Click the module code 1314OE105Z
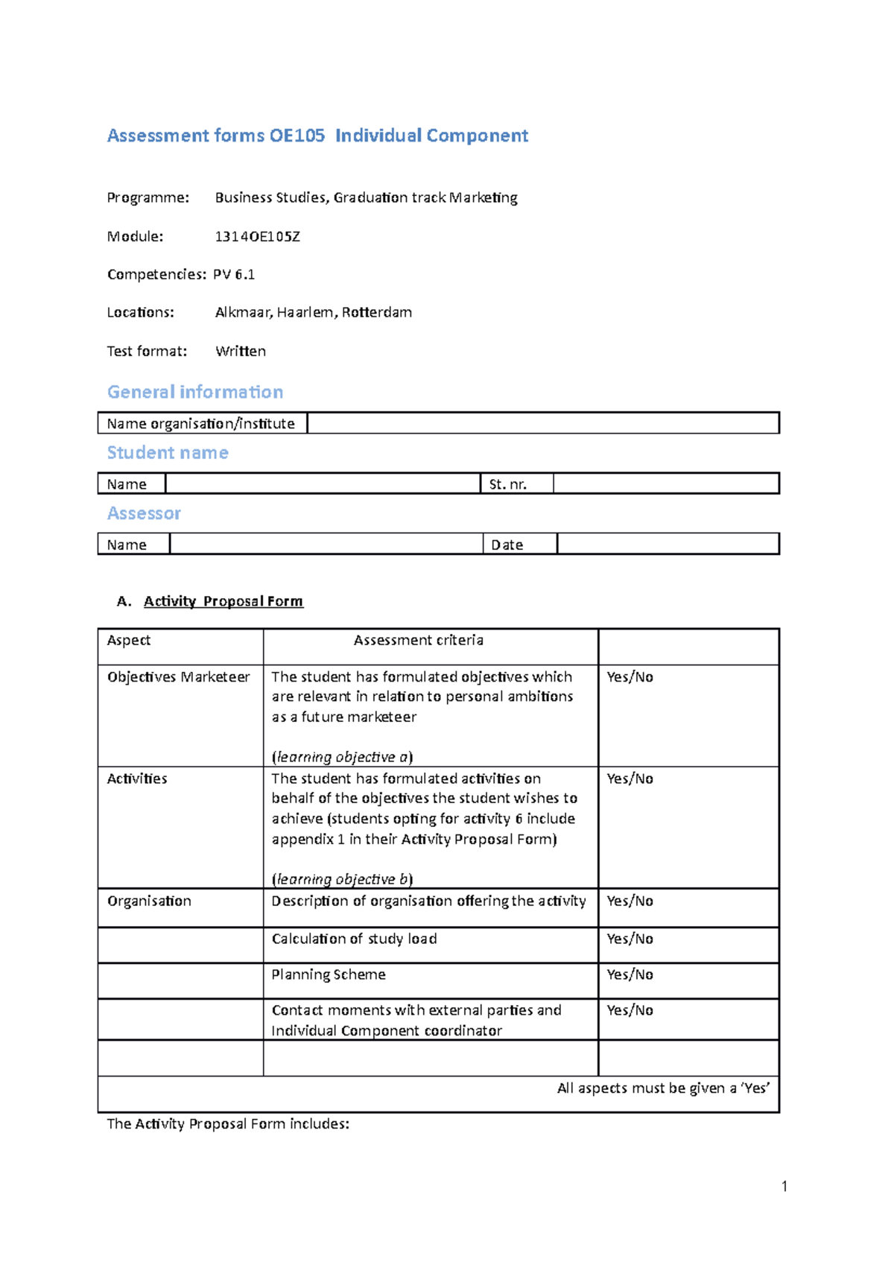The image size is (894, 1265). pyautogui.click(x=257, y=237)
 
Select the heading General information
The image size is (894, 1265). pyautogui.click(x=195, y=392)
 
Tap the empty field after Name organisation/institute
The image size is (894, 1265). pyautogui.click(x=542, y=423)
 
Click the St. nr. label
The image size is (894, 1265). pyautogui.click(x=508, y=484)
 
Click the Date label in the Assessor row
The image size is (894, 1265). pyautogui.click(x=507, y=545)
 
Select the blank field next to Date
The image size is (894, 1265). pyautogui.click(x=668, y=544)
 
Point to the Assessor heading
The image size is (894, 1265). pyautogui.click(x=144, y=513)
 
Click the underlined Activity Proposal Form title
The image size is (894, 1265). pyautogui.click(x=223, y=601)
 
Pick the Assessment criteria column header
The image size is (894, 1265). pyautogui.click(x=418, y=640)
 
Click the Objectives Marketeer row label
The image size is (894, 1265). pyautogui.click(x=179, y=677)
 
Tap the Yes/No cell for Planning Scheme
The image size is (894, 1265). pyautogui.click(x=630, y=974)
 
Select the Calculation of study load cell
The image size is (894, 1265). pyautogui.click(x=354, y=939)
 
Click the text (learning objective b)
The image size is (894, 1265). pyautogui.click(x=342, y=879)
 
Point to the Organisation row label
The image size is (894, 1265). pyautogui.click(x=149, y=901)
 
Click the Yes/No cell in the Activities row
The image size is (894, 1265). pyautogui.click(x=630, y=779)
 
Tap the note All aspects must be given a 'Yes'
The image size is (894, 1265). pyautogui.click(x=663, y=1088)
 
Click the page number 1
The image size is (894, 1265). pyautogui.click(x=784, y=1187)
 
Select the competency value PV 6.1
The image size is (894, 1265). pyautogui.click(x=234, y=275)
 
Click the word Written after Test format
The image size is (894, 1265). pyautogui.click(x=241, y=351)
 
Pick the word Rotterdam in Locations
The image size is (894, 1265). pyautogui.click(x=377, y=312)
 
